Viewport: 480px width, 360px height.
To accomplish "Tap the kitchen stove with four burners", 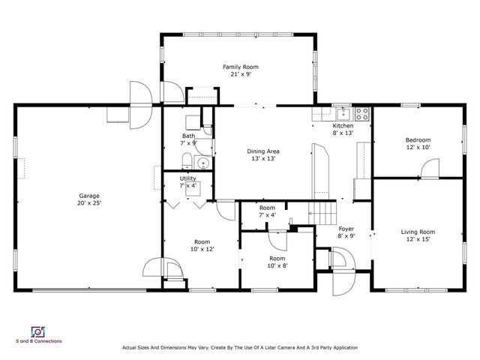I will (x=362, y=115).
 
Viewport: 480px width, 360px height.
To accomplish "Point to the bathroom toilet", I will (x=187, y=158).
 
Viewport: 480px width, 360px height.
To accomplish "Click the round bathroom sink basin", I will (x=202, y=163).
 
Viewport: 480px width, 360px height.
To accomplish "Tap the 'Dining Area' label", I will (x=263, y=151).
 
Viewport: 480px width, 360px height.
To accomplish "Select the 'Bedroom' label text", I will (x=418, y=139).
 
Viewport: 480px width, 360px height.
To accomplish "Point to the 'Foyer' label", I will (x=346, y=229).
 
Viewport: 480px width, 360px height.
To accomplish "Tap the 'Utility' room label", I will (x=187, y=178).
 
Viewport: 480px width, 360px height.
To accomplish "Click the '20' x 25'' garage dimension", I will (x=89, y=203).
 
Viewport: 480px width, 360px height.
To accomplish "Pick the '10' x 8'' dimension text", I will (x=277, y=265).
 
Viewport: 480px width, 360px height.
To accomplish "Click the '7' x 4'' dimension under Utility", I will (x=187, y=185).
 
